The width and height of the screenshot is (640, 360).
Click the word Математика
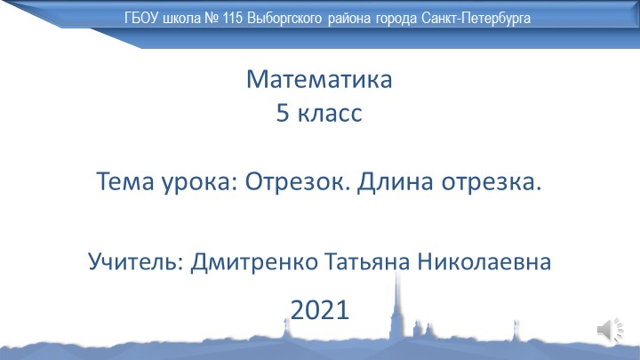tap(319, 82)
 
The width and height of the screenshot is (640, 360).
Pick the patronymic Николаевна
tap(493, 262)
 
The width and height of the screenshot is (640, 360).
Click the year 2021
tap(319, 309)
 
